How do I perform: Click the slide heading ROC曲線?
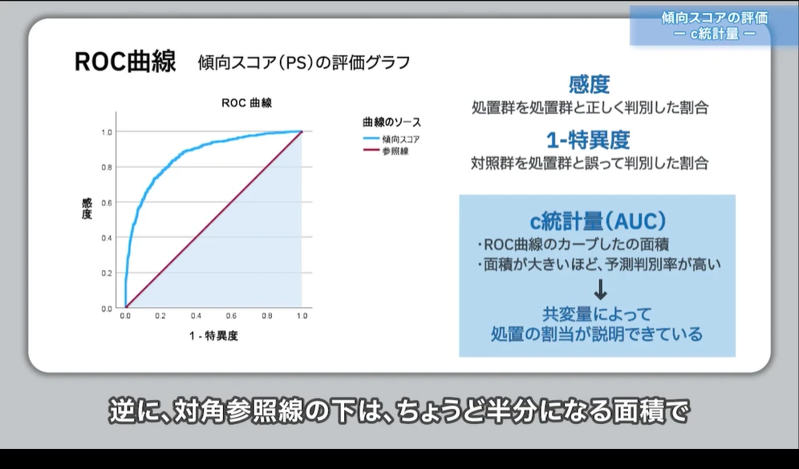pos(125,63)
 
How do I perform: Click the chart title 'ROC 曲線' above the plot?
pos(246,103)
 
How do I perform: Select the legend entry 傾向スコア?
pos(400,139)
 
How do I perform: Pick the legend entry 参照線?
pos(395,151)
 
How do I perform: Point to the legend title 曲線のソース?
pos(391,123)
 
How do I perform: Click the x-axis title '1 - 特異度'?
pos(213,336)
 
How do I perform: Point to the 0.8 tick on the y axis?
pos(107,167)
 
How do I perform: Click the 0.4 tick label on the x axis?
pos(196,317)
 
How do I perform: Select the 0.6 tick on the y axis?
pos(107,202)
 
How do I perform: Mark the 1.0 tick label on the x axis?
pos(302,317)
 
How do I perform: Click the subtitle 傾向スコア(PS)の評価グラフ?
pos(304,63)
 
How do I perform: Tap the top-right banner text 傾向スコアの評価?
pos(715,18)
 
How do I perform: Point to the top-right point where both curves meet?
pos(302,131)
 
